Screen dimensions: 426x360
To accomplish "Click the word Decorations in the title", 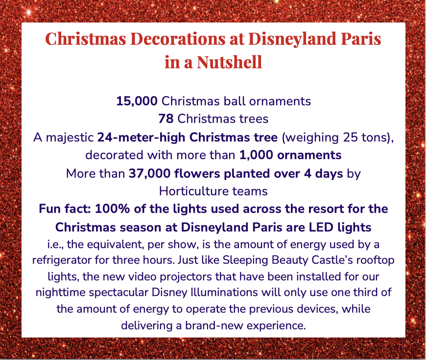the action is point(178,39).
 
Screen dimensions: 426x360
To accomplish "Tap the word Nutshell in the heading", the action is point(230,62).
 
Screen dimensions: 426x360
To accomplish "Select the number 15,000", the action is point(137,101).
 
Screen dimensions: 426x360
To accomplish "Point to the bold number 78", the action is point(166,119).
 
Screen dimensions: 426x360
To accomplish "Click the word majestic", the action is point(70,137).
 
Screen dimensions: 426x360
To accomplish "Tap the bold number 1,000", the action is point(256,155).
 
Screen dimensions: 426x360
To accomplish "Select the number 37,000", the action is point(149,174).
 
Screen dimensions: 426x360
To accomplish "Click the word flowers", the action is point(197,174).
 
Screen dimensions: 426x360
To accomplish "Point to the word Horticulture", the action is point(190,191).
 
